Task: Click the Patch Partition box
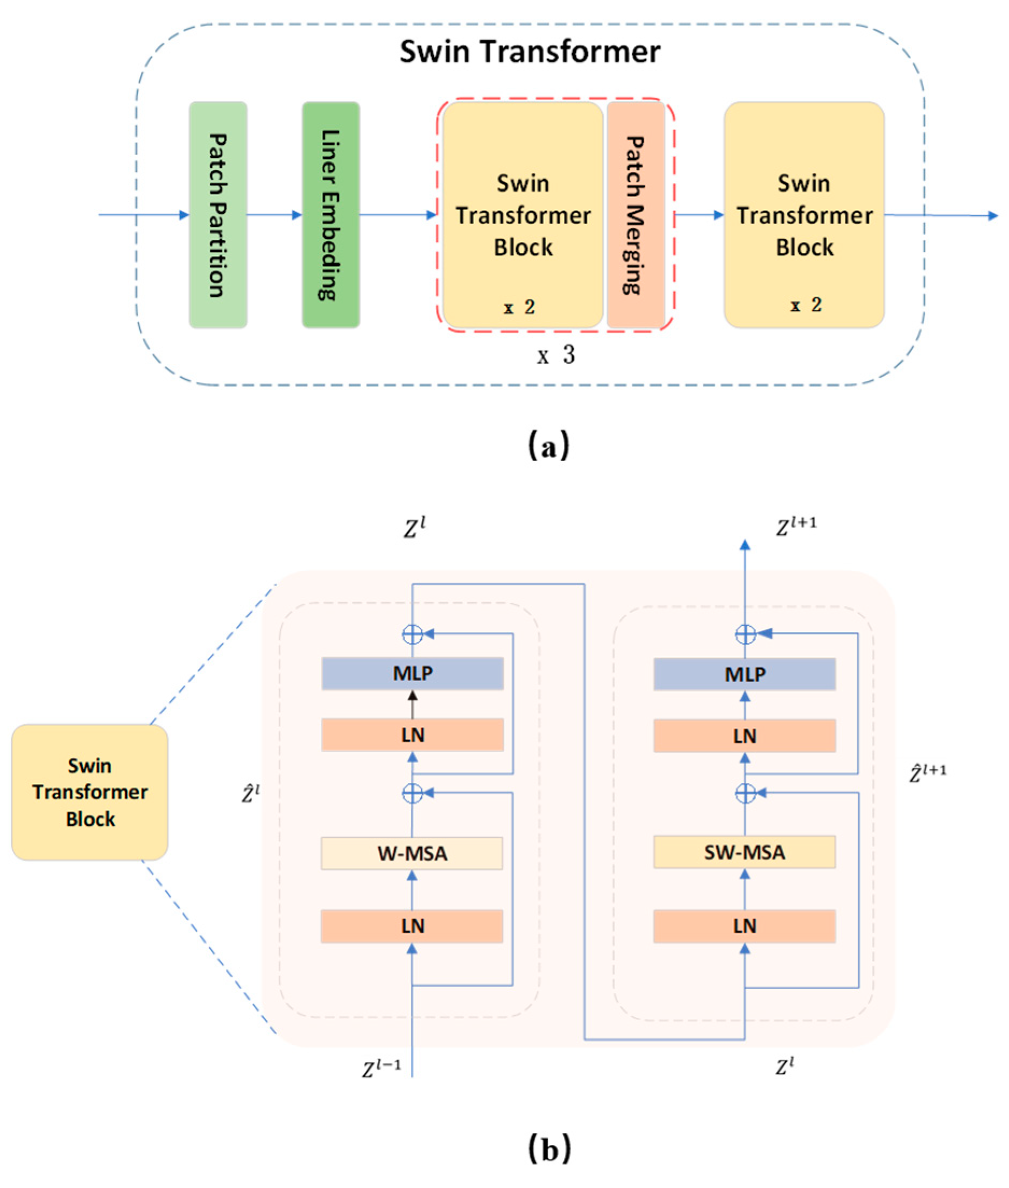[x=218, y=215]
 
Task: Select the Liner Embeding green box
[x=330, y=215]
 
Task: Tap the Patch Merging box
[x=635, y=215]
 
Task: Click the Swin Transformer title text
[x=530, y=52]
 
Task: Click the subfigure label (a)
[x=548, y=445]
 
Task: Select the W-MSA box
[x=412, y=853]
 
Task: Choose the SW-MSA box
[x=744, y=852]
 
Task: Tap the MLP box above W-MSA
[x=412, y=673]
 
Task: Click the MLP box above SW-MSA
[x=744, y=674]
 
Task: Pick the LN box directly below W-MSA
[x=412, y=926]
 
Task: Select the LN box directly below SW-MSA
[x=744, y=926]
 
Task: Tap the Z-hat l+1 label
[x=927, y=773]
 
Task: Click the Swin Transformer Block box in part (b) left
[x=90, y=792]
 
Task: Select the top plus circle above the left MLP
[x=412, y=634]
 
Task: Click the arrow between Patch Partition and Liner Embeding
[x=274, y=215]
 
